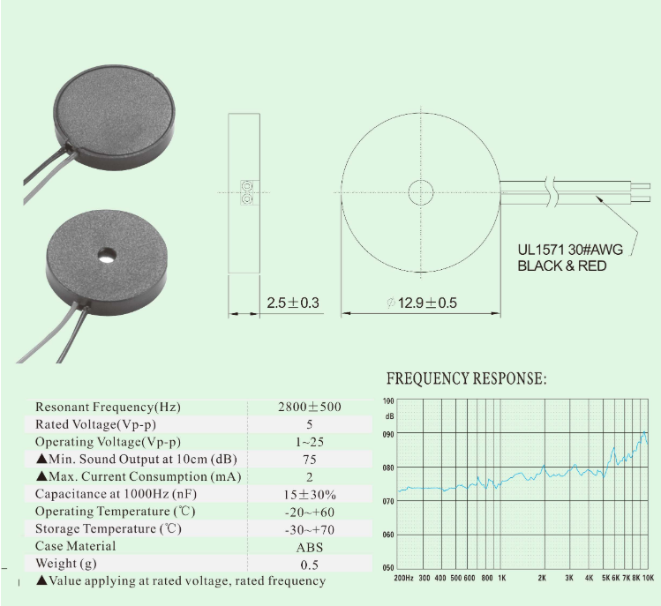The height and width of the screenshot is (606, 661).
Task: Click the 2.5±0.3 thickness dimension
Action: pyautogui.click(x=293, y=303)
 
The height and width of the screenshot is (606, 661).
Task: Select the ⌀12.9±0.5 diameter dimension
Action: pyautogui.click(x=422, y=303)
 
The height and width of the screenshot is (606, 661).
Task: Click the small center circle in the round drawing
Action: pyautogui.click(x=421, y=192)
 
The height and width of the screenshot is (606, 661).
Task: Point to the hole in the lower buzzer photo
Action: pyautogui.click(x=107, y=255)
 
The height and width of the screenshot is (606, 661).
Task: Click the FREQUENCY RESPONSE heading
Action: pyautogui.click(x=466, y=378)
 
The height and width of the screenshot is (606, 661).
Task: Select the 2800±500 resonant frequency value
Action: pyautogui.click(x=310, y=407)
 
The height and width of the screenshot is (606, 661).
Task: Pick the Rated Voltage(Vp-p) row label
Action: pyautogui.click(x=95, y=424)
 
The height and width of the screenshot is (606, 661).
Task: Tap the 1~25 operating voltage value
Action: pyautogui.click(x=310, y=442)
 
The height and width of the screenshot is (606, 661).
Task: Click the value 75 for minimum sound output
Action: pyautogui.click(x=310, y=460)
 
